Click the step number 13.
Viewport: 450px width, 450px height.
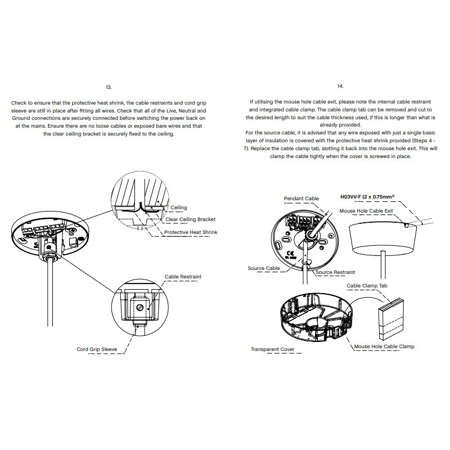point(109,87)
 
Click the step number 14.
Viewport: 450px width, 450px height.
point(340,86)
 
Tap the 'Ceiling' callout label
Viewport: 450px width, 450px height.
point(179,208)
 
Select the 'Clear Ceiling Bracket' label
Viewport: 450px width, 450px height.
point(191,219)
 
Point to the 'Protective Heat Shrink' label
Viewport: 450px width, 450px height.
point(191,232)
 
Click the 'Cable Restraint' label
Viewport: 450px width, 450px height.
point(183,277)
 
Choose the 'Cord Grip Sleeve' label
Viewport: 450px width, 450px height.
point(97,349)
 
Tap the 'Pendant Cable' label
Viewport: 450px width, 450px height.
point(301,199)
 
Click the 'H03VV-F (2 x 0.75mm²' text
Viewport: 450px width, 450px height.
point(367,197)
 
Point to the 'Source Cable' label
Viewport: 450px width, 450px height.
point(264,268)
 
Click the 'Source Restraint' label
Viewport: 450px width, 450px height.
point(335,272)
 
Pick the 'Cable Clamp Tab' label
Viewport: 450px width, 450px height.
point(367,286)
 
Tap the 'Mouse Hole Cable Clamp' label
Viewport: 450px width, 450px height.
point(384,346)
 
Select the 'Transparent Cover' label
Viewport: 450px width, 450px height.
point(272,349)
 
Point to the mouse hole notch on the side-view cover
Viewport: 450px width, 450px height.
point(407,226)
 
